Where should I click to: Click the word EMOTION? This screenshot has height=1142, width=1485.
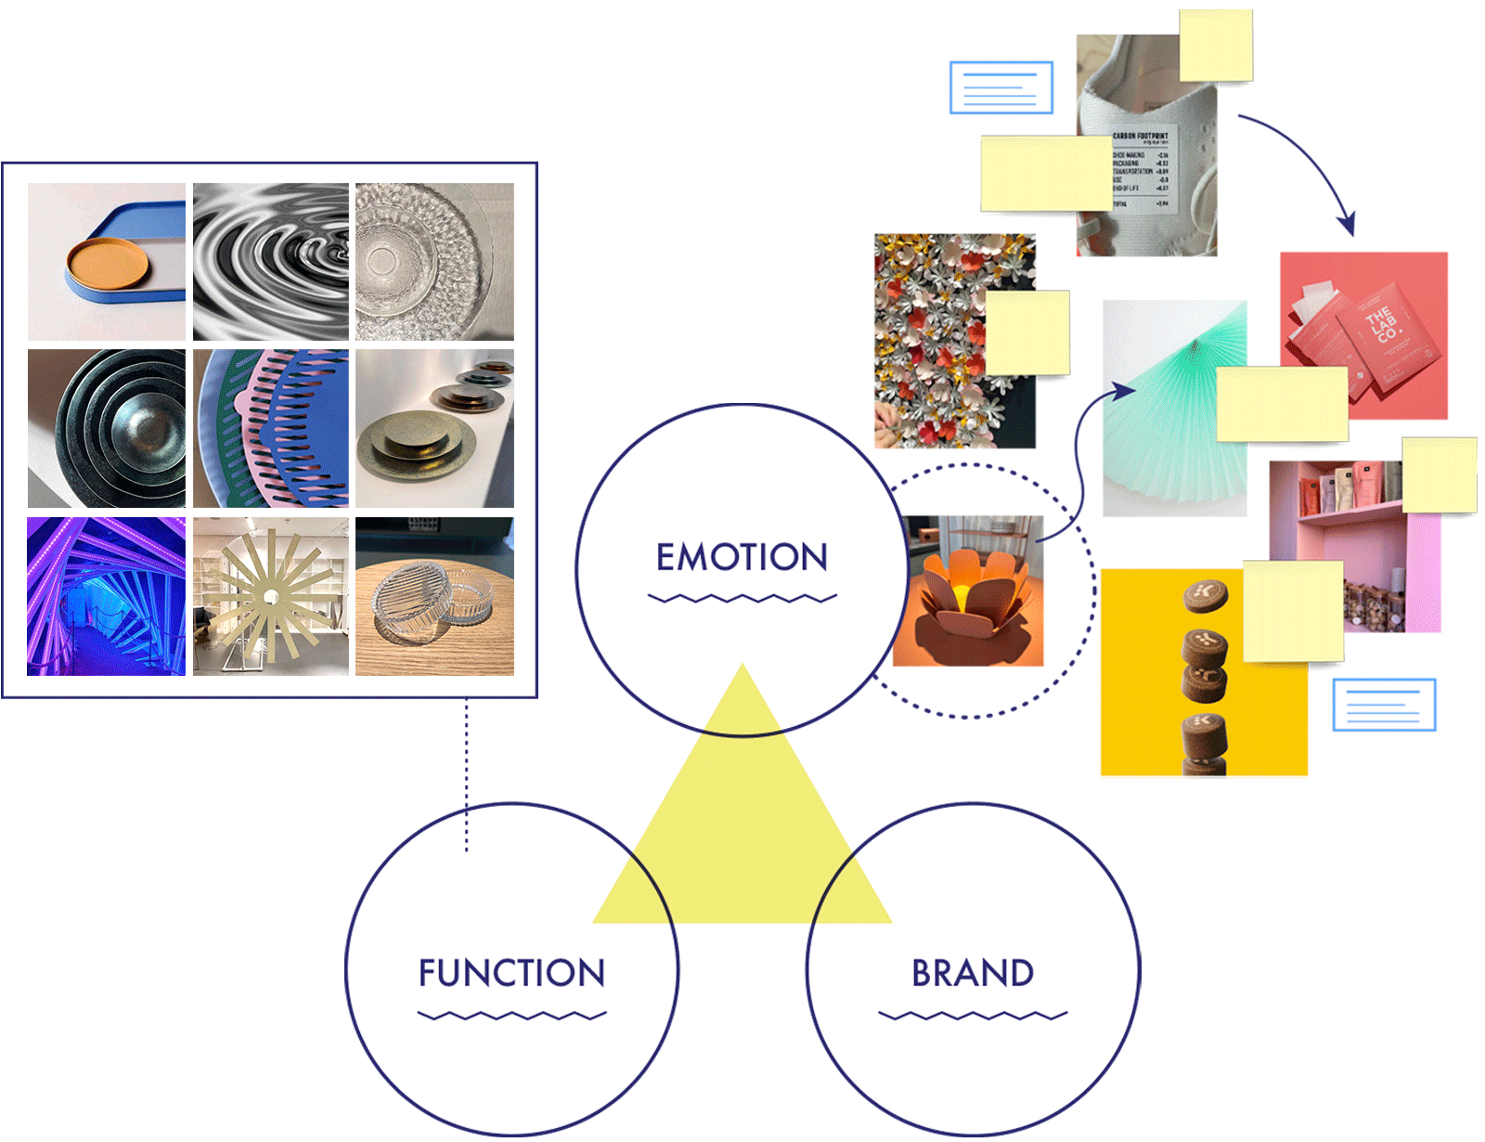click(742, 557)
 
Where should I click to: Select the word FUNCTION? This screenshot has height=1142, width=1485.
click(511, 973)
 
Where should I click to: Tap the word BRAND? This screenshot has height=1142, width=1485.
click(972, 973)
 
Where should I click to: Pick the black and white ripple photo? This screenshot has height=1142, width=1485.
click(270, 262)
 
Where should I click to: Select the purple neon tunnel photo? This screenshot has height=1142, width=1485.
click(106, 596)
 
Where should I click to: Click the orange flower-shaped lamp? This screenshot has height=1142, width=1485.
click(967, 594)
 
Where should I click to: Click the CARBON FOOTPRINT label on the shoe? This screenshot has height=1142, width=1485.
click(1141, 136)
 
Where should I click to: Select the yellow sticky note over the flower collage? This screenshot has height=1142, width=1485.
click(1027, 332)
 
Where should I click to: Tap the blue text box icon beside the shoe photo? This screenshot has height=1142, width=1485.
click(1001, 88)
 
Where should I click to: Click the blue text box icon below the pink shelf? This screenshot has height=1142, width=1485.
click(1384, 705)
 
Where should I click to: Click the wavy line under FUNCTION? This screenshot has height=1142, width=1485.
click(511, 1015)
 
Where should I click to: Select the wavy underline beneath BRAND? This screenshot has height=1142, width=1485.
click(972, 1015)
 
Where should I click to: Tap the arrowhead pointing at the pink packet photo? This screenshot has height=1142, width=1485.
click(1347, 224)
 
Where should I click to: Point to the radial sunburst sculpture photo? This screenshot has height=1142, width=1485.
click(270, 596)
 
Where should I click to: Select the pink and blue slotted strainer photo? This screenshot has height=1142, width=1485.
click(270, 429)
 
